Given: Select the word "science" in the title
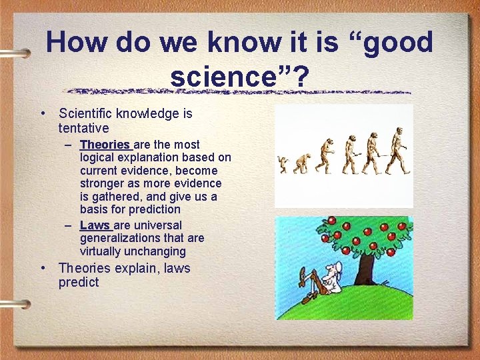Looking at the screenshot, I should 230,77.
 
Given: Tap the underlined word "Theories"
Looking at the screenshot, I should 105,145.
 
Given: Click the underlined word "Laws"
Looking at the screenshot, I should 95,225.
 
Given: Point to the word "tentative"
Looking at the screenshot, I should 83,127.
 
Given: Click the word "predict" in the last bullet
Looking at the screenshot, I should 78,282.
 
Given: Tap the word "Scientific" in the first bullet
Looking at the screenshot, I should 87,113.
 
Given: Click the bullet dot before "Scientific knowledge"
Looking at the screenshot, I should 42,113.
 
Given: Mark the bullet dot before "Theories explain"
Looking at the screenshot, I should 42,269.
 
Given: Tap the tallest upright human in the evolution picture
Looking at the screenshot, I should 398,150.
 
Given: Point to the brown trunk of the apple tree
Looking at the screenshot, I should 365,267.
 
